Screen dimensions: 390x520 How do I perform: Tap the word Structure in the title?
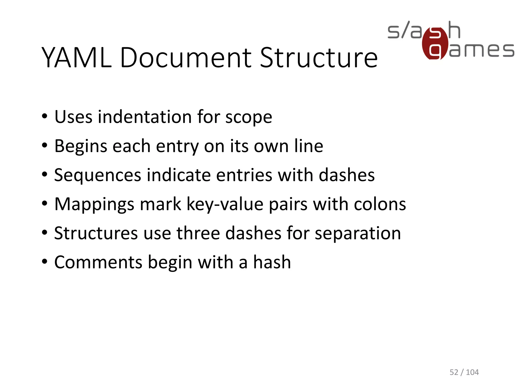pos(319,58)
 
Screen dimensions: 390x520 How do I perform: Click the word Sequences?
pos(97,175)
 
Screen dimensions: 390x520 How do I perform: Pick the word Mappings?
pos(94,205)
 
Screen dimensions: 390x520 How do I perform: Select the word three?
pos(198,233)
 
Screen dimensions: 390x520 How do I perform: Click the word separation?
pos(358,234)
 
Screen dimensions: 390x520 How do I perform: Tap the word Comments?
pos(98,262)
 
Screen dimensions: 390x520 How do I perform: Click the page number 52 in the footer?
pos(454,372)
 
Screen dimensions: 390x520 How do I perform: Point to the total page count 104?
pos(472,372)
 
